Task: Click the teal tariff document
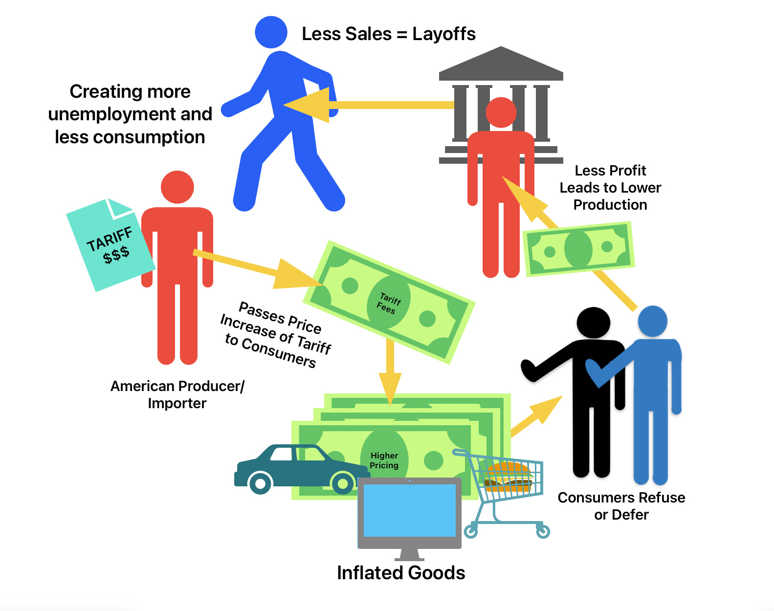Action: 110,244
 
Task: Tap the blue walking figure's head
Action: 271,32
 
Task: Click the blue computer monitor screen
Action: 410,511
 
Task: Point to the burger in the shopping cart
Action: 508,476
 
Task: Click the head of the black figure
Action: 593,323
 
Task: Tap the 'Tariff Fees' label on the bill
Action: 389,303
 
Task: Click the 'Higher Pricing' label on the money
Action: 384,460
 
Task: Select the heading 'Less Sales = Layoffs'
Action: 388,34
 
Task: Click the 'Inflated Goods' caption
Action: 401,573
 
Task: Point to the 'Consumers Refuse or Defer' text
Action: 621,506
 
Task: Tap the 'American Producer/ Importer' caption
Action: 177,394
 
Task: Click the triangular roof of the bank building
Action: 501,64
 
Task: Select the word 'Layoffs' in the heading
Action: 444,34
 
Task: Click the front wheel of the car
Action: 343,483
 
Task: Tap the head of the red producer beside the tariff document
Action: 177,187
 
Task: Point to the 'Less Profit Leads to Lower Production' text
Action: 610,188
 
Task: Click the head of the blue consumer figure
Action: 653,321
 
